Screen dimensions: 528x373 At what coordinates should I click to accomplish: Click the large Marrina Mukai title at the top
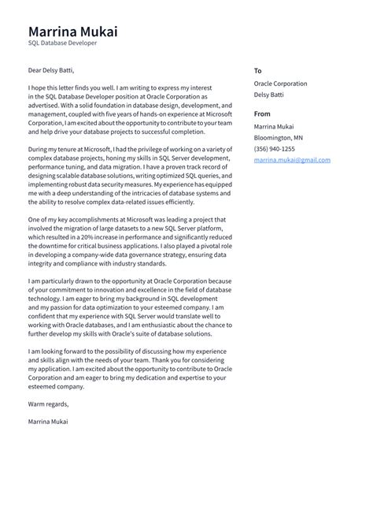coord(72,32)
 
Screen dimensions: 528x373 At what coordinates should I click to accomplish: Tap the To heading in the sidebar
coord(257,70)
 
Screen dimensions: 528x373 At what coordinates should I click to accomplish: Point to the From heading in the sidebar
coord(262,114)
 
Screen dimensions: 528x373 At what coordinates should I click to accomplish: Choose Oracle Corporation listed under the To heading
coord(280,84)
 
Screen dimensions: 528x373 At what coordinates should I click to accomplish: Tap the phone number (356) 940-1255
coord(274,149)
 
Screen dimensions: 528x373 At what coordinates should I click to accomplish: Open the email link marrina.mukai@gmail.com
coord(291,160)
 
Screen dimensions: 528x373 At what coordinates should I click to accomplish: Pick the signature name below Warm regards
coord(48,422)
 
